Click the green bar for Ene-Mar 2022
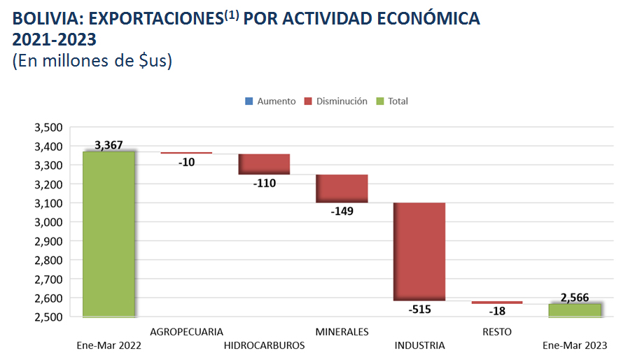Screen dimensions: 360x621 109,234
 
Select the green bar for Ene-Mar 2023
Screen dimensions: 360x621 575,310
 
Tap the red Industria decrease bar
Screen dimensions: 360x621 419,251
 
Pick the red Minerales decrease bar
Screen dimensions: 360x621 342,188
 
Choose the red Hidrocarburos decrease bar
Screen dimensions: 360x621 264,164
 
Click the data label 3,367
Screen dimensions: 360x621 109,146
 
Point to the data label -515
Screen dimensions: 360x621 419,309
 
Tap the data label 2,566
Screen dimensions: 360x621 575,297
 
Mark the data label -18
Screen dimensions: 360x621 497,311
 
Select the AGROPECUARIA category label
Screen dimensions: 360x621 186,331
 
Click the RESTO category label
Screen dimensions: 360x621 497,331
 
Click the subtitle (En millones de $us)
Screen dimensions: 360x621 92,60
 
